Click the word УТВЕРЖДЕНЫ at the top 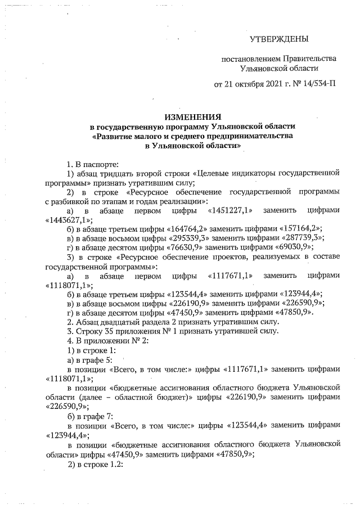(279, 39)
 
